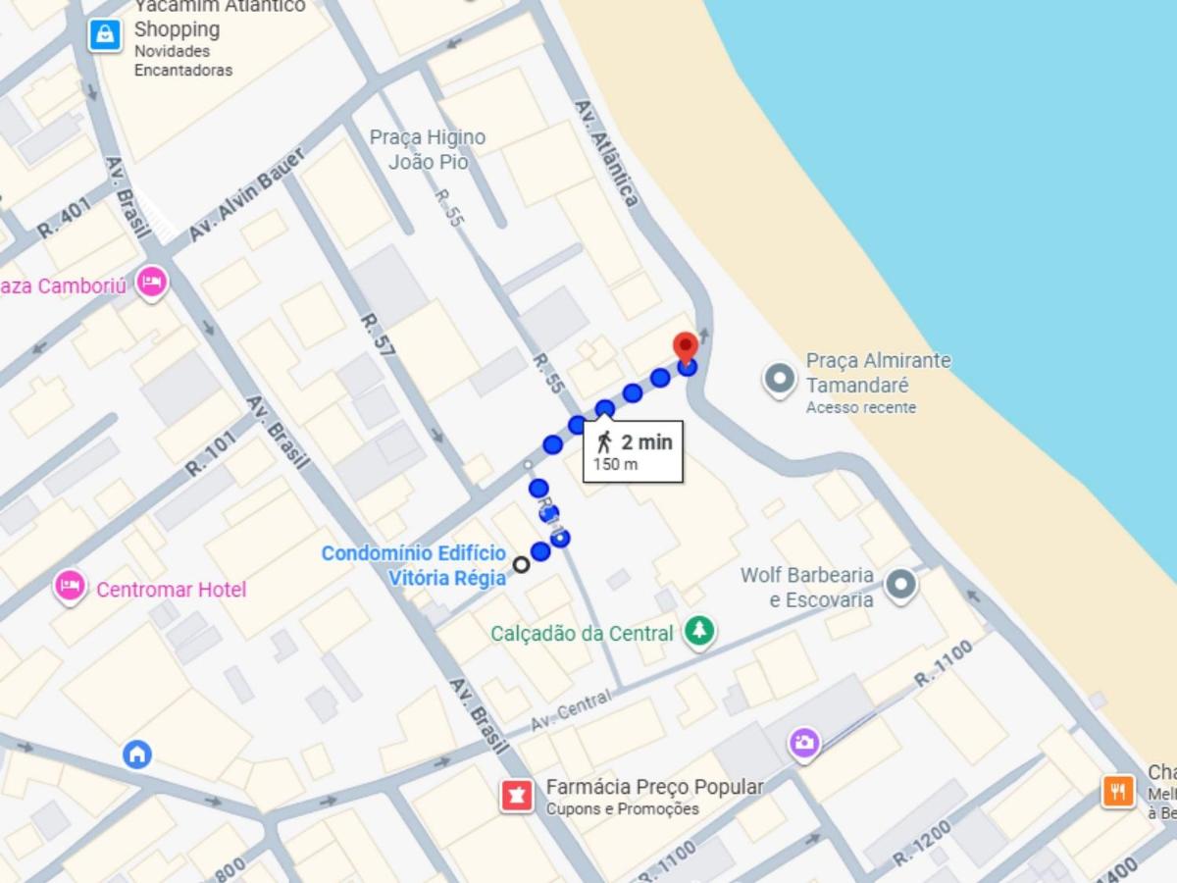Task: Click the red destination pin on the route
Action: pyautogui.click(x=686, y=347)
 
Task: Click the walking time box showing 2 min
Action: pyautogui.click(x=633, y=451)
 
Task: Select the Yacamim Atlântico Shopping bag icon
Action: pyautogui.click(x=104, y=35)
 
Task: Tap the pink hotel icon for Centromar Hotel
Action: pyautogui.click(x=69, y=587)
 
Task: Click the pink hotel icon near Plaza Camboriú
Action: pyautogui.click(x=151, y=284)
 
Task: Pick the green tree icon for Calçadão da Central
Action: pyautogui.click(x=699, y=631)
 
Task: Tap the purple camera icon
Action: pyautogui.click(x=804, y=743)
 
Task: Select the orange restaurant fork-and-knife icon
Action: pyautogui.click(x=1117, y=790)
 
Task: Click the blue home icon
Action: pyautogui.click(x=137, y=753)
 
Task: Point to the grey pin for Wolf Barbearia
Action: pyautogui.click(x=900, y=586)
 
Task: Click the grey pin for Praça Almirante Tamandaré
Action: pyautogui.click(x=779, y=379)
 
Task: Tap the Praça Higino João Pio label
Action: pyautogui.click(x=428, y=149)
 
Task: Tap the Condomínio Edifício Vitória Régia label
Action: pyautogui.click(x=414, y=566)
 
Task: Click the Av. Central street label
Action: pyautogui.click(x=570, y=709)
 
